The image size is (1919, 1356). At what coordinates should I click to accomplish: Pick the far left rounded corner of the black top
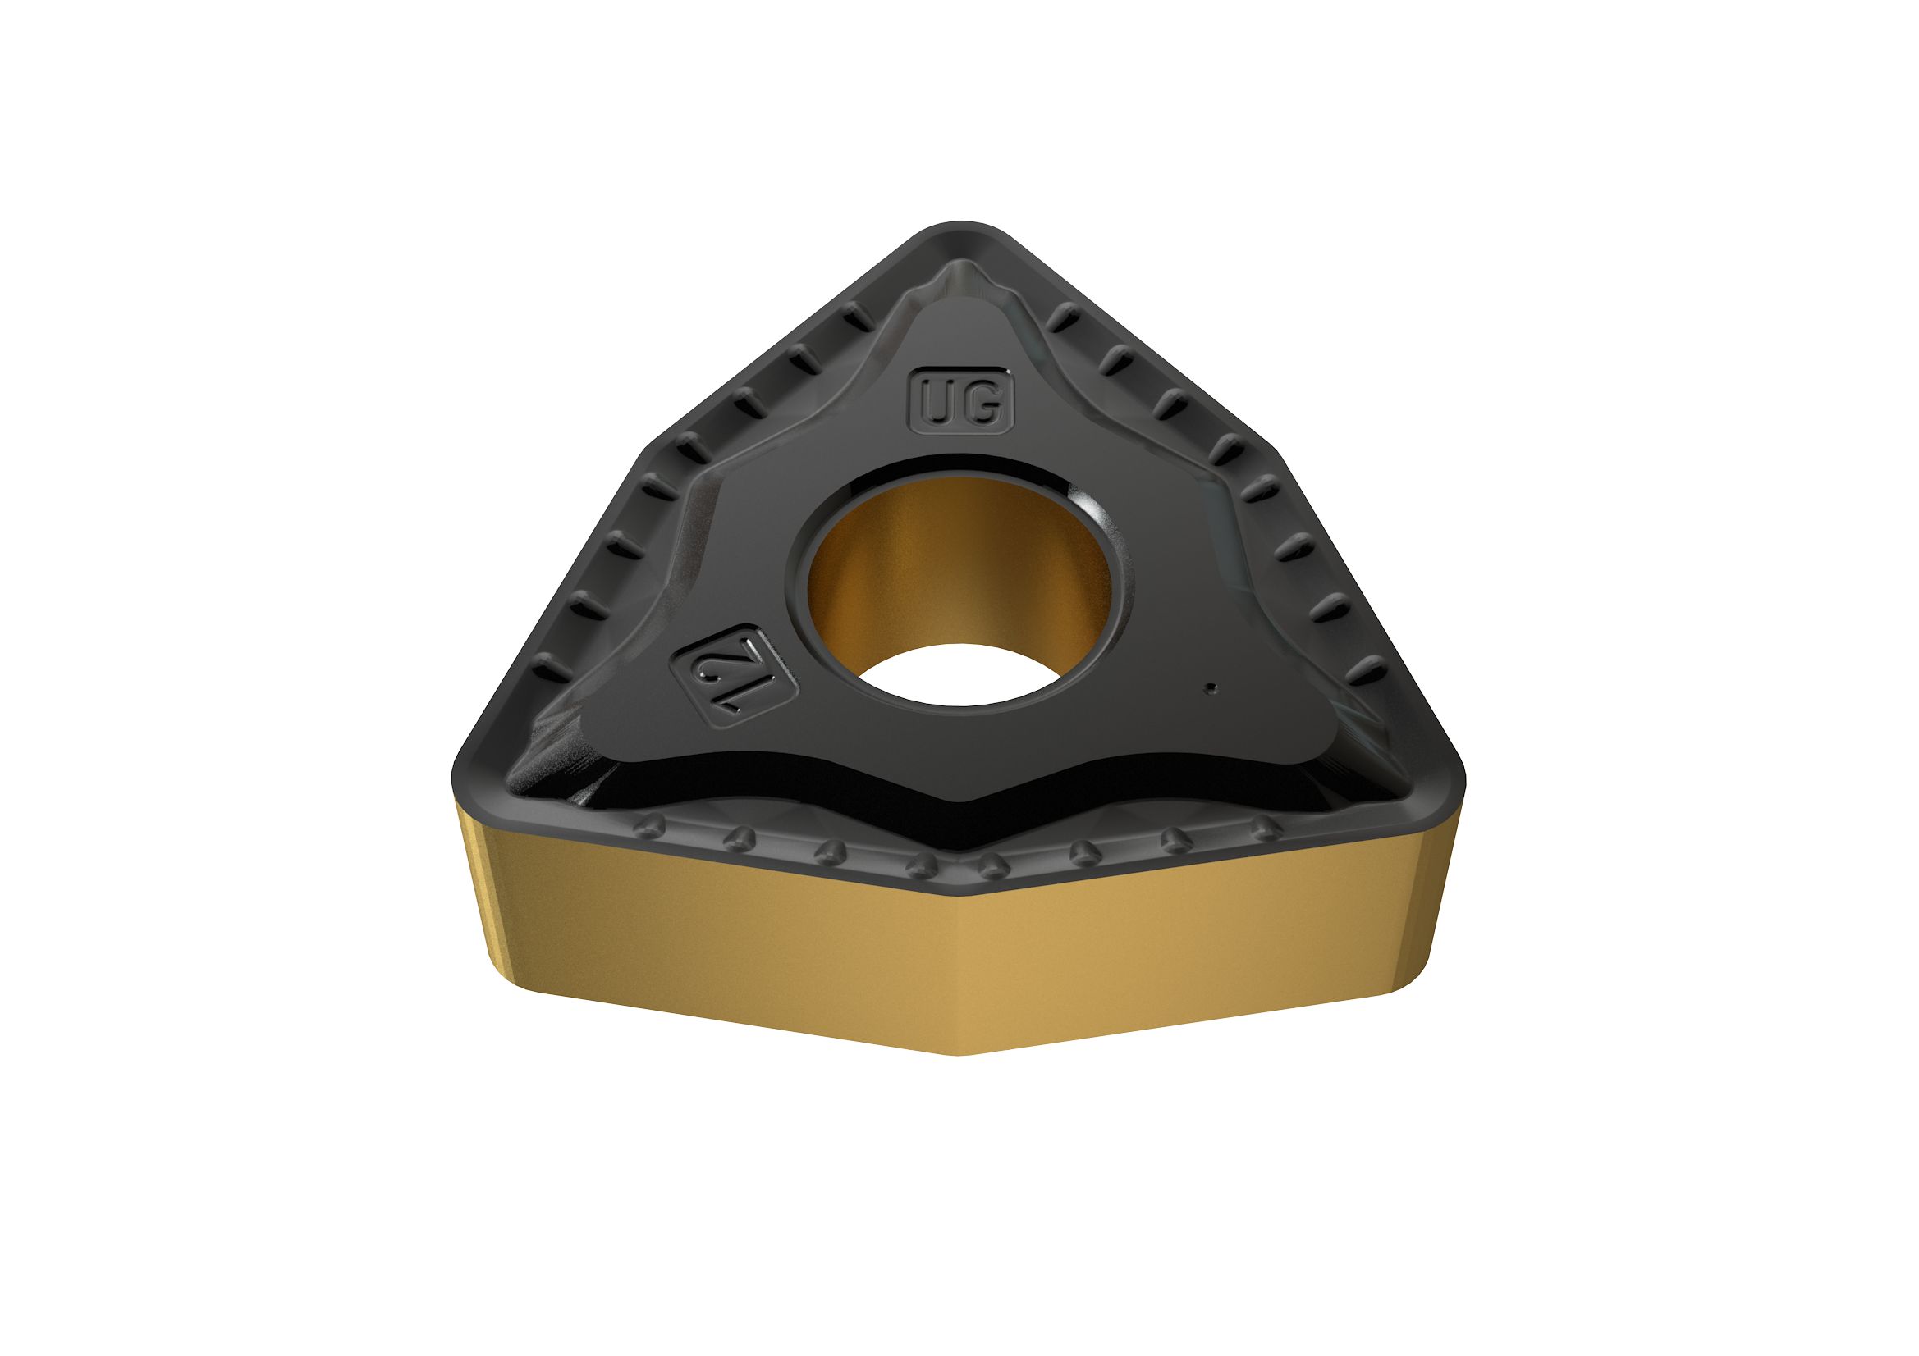click(468, 765)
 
